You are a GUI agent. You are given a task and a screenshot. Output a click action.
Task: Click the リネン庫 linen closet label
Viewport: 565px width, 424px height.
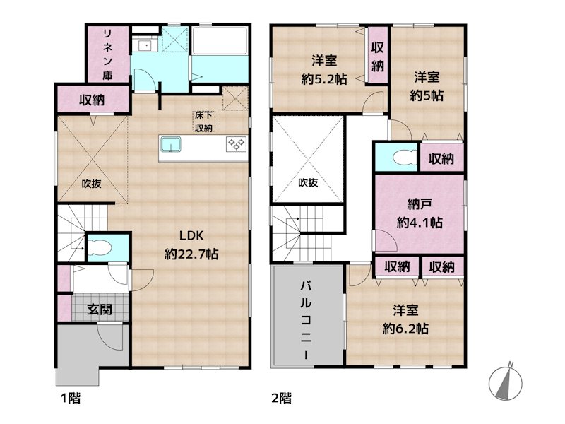107,54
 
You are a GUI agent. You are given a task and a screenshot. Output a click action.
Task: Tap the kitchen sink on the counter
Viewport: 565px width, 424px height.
171,145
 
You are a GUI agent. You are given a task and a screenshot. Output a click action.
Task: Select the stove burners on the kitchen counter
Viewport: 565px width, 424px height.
237,144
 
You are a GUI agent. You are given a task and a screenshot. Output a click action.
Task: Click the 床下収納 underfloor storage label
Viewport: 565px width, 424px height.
203,122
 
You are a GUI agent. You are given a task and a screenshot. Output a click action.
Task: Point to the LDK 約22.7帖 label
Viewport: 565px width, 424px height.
191,245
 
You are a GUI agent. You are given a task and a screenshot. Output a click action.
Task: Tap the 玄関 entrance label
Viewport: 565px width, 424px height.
100,310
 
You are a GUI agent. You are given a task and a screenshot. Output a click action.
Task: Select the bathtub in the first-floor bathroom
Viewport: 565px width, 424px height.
220,41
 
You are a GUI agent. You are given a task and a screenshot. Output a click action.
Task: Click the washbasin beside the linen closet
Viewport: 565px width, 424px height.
145,45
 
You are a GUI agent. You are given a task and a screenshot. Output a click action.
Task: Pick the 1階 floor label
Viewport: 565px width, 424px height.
70,398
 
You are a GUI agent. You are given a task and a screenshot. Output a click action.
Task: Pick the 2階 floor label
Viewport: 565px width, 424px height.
281,398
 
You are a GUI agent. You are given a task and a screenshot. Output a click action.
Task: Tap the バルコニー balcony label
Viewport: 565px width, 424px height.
306,319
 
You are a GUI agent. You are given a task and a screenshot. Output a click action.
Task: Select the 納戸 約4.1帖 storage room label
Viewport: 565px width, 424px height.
420,213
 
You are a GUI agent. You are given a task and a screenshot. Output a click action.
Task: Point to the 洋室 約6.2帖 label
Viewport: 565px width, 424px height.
405,319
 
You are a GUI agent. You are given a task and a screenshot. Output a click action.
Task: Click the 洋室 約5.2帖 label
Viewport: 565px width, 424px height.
324,69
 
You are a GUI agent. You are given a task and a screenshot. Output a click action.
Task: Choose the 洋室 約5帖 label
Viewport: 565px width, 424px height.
427,86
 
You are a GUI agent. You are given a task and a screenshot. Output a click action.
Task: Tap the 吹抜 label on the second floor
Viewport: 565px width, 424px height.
308,183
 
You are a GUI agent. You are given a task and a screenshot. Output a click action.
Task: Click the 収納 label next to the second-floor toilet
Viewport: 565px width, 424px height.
441,158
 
